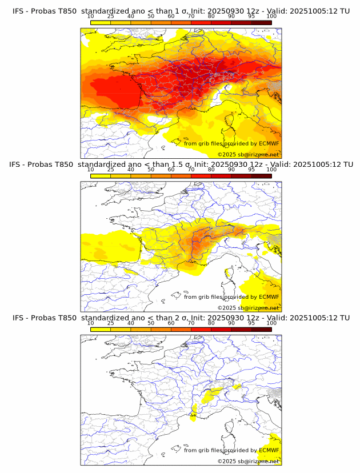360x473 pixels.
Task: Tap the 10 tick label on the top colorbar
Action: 91,17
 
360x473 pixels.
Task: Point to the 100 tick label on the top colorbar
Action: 271,17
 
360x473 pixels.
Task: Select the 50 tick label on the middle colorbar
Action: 151,170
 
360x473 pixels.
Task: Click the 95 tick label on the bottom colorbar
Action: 251,323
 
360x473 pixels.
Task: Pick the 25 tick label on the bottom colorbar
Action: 111,323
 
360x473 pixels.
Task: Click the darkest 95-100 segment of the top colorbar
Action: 261,23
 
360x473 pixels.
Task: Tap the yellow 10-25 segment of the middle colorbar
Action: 101,176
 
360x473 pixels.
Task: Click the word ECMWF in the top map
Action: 269,143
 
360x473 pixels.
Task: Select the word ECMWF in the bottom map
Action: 269,450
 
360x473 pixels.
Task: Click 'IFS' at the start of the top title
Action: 18,11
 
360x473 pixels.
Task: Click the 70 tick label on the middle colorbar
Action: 191,170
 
